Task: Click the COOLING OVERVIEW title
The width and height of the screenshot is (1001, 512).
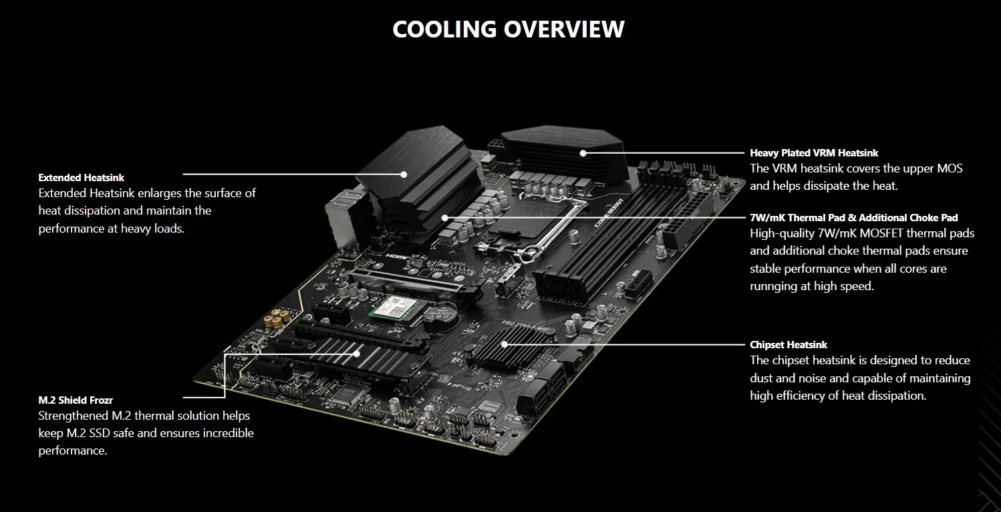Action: point(508,29)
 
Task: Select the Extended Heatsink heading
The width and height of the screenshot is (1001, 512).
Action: point(82,178)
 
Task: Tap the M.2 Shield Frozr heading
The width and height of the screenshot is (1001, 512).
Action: point(76,400)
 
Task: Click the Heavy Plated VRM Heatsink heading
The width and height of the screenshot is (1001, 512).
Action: point(814,153)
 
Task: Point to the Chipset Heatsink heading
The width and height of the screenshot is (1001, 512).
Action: point(789,345)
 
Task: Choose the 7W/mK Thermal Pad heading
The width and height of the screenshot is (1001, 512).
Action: point(853,218)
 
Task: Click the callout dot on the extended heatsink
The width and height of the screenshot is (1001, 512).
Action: point(404,174)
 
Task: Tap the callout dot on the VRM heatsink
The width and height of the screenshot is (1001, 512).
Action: point(583,153)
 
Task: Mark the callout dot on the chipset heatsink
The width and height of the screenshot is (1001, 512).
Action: point(504,344)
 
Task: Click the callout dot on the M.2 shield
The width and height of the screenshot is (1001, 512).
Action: point(356,354)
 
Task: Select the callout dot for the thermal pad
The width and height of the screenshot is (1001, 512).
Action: point(444,218)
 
